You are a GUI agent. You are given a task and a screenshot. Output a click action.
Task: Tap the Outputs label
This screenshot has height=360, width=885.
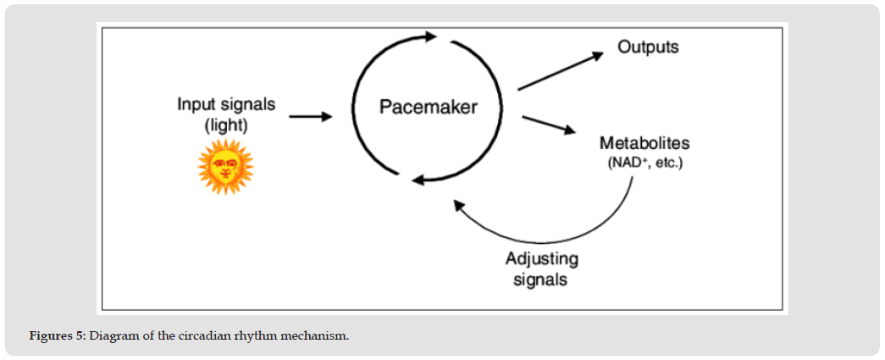coord(648,47)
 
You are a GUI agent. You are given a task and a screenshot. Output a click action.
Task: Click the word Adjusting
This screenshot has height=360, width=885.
coord(542,258)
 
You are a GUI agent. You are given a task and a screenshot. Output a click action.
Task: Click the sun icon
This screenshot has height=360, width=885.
coord(225,167)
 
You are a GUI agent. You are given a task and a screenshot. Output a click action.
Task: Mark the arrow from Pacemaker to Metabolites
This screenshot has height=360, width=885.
coord(548,125)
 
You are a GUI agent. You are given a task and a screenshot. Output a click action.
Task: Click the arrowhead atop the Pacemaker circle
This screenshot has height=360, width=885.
coord(429,36)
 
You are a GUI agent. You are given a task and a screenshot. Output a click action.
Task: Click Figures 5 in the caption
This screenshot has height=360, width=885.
coord(57,336)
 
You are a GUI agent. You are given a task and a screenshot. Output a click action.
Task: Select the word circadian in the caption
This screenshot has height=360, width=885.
coord(202,336)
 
